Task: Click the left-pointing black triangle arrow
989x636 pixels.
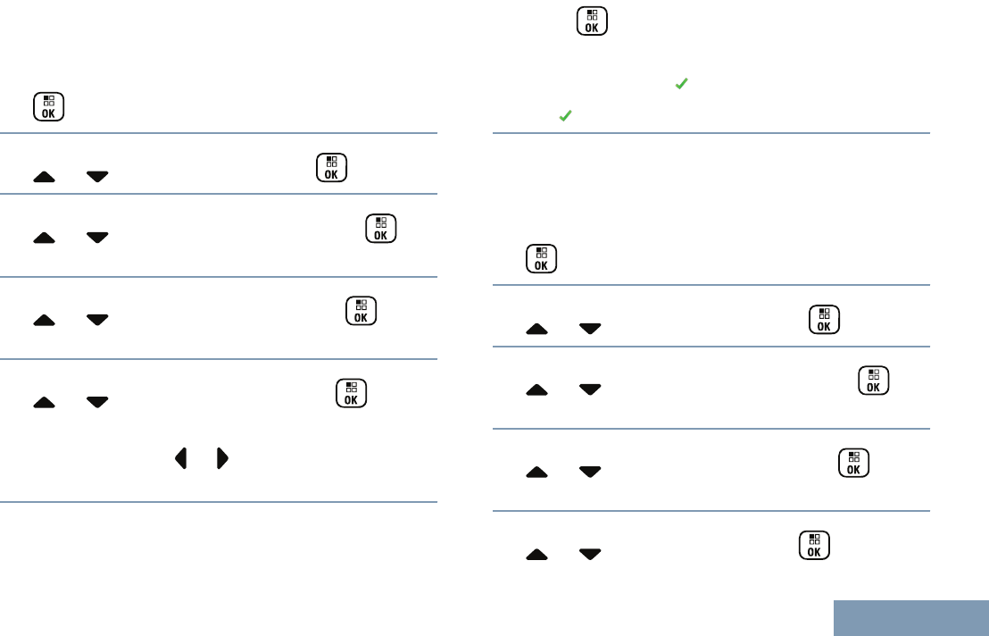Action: pyautogui.click(x=180, y=459)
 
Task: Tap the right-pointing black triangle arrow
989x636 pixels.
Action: pyautogui.click(x=222, y=459)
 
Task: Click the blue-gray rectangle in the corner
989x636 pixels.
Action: pyautogui.click(x=911, y=617)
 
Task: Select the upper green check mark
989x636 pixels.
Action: pyautogui.click(x=681, y=83)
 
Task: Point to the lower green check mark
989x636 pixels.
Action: pyautogui.click(x=565, y=116)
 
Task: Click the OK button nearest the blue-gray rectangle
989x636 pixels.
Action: pyautogui.click(x=814, y=545)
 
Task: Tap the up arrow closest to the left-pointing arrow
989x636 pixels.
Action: pyautogui.click(x=44, y=403)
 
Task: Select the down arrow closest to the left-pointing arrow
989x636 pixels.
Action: pyautogui.click(x=97, y=403)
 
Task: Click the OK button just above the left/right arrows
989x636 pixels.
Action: pyautogui.click(x=351, y=393)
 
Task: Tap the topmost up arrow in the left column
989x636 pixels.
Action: pyautogui.click(x=44, y=177)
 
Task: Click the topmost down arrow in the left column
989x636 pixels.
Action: pyautogui.click(x=97, y=177)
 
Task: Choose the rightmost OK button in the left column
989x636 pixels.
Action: pyautogui.click(x=380, y=229)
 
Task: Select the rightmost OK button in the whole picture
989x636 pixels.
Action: pyautogui.click(x=874, y=381)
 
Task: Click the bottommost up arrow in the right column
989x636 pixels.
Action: pyautogui.click(x=536, y=555)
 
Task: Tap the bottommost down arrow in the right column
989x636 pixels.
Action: pyautogui.click(x=590, y=555)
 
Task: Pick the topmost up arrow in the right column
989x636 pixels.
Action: pyautogui.click(x=536, y=329)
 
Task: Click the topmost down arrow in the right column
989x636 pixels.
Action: pyautogui.click(x=590, y=329)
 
